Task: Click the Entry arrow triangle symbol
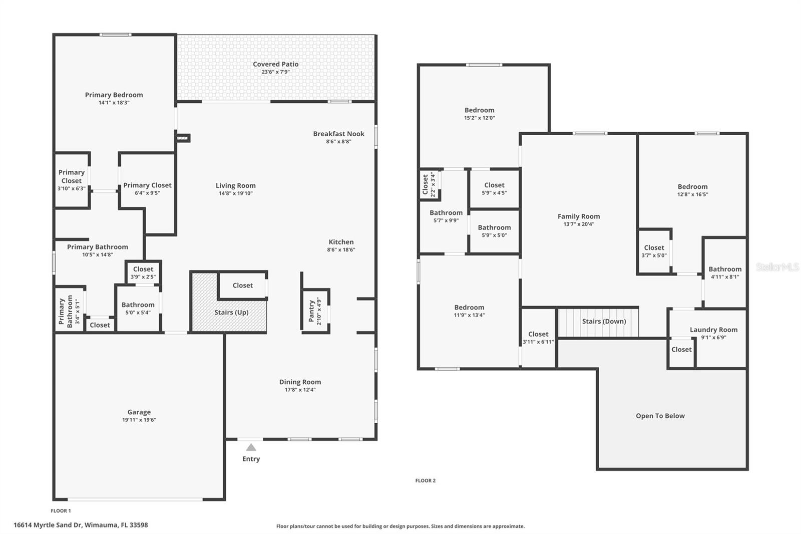pyautogui.click(x=251, y=447)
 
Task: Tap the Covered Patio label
pyautogui.click(x=275, y=64)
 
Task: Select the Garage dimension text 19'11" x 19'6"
pyautogui.click(x=139, y=420)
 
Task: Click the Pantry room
pyautogui.click(x=315, y=311)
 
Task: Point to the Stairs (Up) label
pyautogui.click(x=231, y=312)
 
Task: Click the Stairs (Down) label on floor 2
pyautogui.click(x=604, y=321)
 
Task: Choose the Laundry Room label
pyautogui.click(x=713, y=330)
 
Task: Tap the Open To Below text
pyautogui.click(x=660, y=416)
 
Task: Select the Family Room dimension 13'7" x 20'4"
pyautogui.click(x=579, y=224)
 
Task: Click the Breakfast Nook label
pyautogui.click(x=338, y=134)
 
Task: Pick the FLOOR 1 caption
pyautogui.click(x=61, y=511)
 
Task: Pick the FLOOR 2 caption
pyautogui.click(x=425, y=480)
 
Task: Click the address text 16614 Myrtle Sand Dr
pyautogui.click(x=81, y=525)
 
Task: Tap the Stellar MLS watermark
pyautogui.click(x=776, y=268)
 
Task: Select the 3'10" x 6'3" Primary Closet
pyautogui.click(x=71, y=180)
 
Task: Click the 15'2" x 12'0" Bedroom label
pyautogui.click(x=479, y=110)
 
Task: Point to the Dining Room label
pyautogui.click(x=300, y=382)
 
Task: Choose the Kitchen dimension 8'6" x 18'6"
pyautogui.click(x=341, y=249)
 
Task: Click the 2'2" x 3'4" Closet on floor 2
pyautogui.click(x=429, y=184)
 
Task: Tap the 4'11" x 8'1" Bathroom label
pyautogui.click(x=724, y=269)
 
